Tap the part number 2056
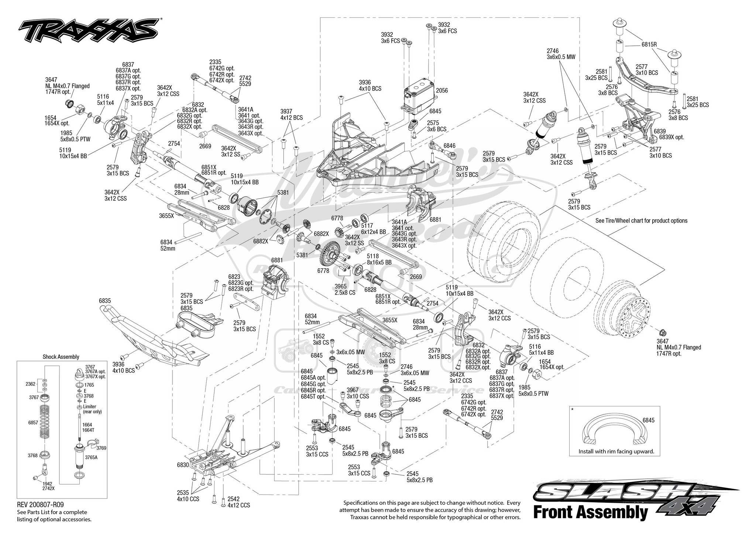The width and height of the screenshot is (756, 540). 442,91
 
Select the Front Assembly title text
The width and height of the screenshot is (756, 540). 591,513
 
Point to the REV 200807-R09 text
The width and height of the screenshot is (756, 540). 43,504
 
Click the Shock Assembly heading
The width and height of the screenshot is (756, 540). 61,357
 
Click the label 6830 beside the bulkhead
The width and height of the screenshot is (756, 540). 183,465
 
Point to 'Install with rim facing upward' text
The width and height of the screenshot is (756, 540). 616,452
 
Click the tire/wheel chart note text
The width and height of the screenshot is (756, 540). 641,221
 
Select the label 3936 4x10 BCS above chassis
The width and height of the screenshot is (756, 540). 370,86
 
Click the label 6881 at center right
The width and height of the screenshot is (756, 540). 436,219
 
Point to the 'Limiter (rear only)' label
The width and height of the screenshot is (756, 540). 92,409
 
